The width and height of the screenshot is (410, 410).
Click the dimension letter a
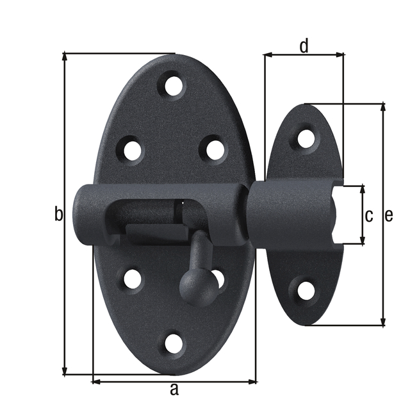coord(174,389)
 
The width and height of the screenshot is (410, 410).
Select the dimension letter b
coord(58,215)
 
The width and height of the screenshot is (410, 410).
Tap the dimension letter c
coord(368,216)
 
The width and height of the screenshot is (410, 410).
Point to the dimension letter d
coord(304,45)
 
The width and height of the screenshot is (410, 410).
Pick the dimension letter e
coord(389,216)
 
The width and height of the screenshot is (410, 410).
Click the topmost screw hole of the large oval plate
coord(173,85)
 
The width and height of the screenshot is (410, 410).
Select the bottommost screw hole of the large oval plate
coord(173,343)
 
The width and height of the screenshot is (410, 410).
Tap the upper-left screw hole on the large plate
coord(132,150)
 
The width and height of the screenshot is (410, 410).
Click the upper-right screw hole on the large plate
coord(215,149)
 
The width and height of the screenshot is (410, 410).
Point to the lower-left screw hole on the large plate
coord(133,279)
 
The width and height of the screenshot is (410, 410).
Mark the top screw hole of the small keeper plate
coord(306,138)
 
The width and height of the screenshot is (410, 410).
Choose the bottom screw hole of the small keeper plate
coord(306,291)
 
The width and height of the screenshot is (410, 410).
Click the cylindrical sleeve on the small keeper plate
coord(288,215)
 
